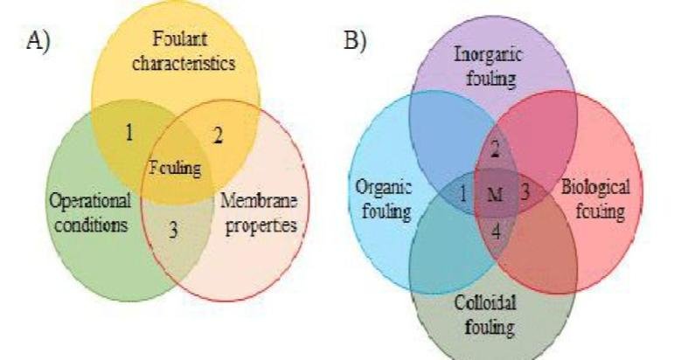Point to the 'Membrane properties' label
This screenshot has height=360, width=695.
tap(259, 212)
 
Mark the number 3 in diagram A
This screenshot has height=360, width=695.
tap(173, 231)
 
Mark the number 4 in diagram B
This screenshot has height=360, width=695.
tap(495, 232)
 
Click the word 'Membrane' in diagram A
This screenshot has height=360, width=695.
tap(259, 201)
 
